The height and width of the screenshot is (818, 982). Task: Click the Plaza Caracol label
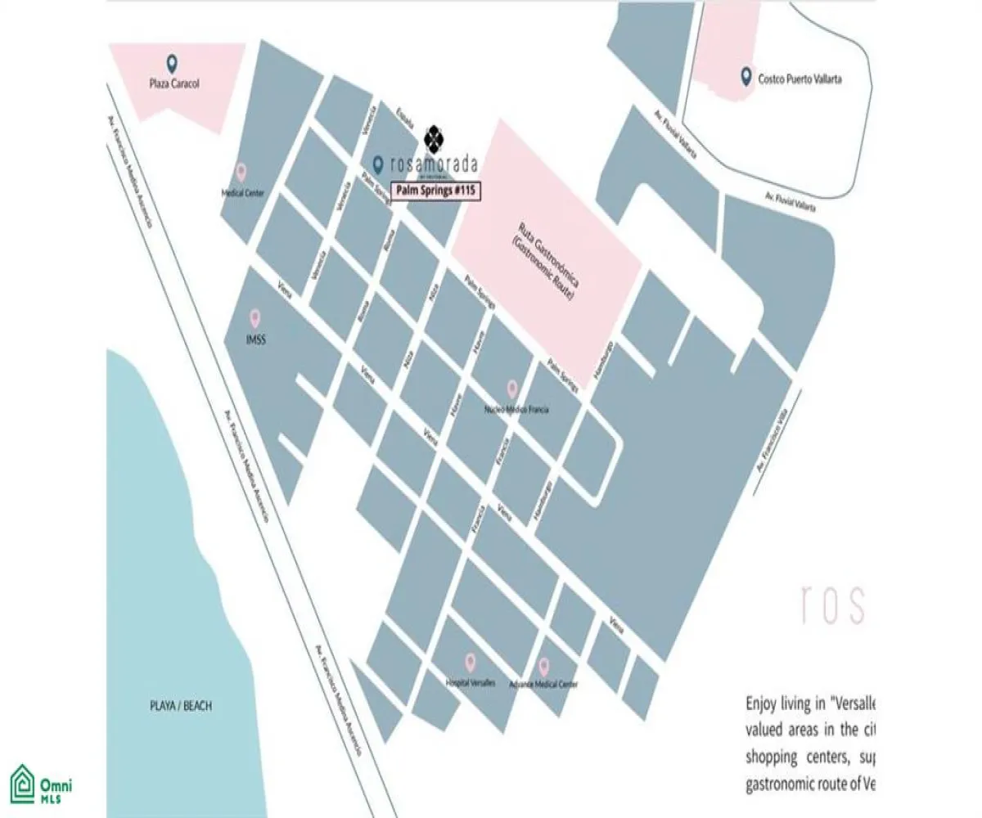[x=174, y=83]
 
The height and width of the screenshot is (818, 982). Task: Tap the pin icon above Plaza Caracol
[x=172, y=63]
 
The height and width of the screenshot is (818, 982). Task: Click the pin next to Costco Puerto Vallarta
[x=746, y=77]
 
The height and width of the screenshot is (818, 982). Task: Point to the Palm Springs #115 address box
[x=435, y=190]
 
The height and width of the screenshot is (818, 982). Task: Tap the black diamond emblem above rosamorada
[x=435, y=136]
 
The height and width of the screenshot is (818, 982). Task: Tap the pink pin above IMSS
[x=255, y=317]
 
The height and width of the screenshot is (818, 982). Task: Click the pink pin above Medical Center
[x=241, y=172]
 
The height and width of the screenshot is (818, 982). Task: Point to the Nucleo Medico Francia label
[x=516, y=409]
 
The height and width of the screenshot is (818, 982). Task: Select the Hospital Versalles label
[x=471, y=683]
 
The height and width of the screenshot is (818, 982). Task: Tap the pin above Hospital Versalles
[x=471, y=663]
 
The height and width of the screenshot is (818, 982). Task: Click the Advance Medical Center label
[x=543, y=684]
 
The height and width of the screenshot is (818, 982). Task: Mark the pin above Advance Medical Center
[x=544, y=663]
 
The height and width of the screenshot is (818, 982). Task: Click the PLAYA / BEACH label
[x=176, y=706]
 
